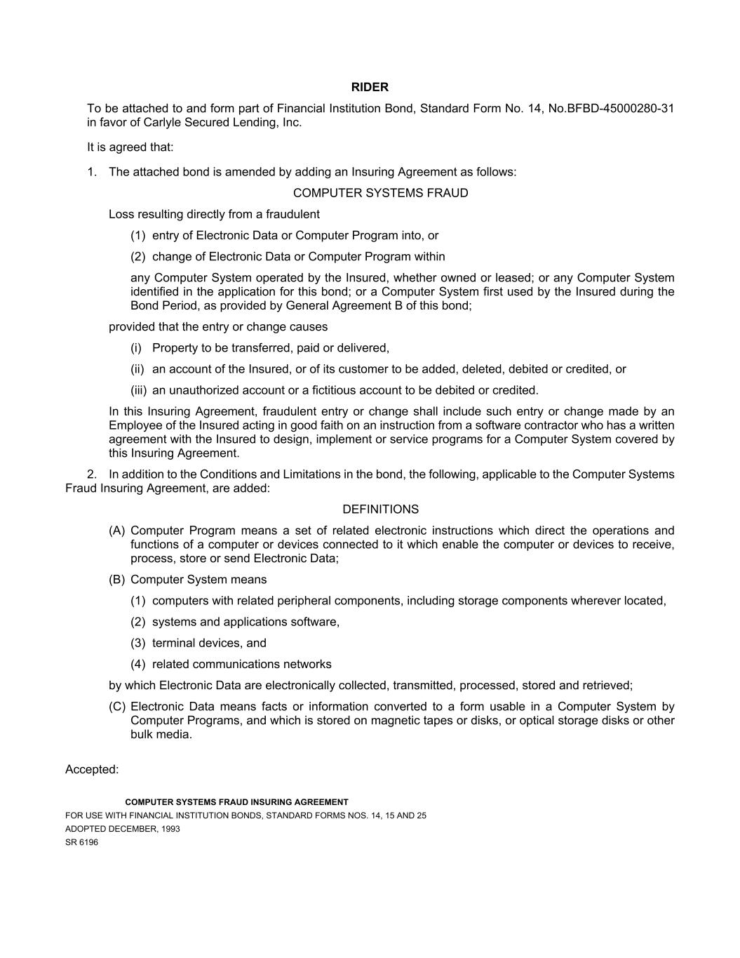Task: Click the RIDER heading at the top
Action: pyautogui.click(x=370, y=88)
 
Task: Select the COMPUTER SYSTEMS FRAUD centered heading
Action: pyautogui.click(x=380, y=193)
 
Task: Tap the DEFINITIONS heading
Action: pyautogui.click(x=380, y=510)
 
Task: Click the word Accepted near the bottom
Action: pyautogui.click(x=92, y=770)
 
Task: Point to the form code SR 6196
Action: pyautogui.click(x=81, y=842)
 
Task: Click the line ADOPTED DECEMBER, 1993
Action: pyautogui.click(x=122, y=829)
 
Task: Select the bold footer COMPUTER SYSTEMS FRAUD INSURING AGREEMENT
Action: pyautogui.click(x=236, y=802)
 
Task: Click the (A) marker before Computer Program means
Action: pyautogui.click(x=116, y=531)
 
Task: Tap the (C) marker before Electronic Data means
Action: pyautogui.click(x=116, y=707)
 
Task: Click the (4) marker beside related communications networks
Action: pyautogui.click(x=137, y=665)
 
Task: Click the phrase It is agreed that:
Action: pyautogui.click(x=130, y=147)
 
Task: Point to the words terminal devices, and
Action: pyautogui.click(x=209, y=644)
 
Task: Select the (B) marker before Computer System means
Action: pyautogui.click(x=116, y=580)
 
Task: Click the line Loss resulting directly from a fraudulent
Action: pyautogui.click(x=214, y=215)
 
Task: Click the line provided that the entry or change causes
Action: pyautogui.click(x=218, y=327)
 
